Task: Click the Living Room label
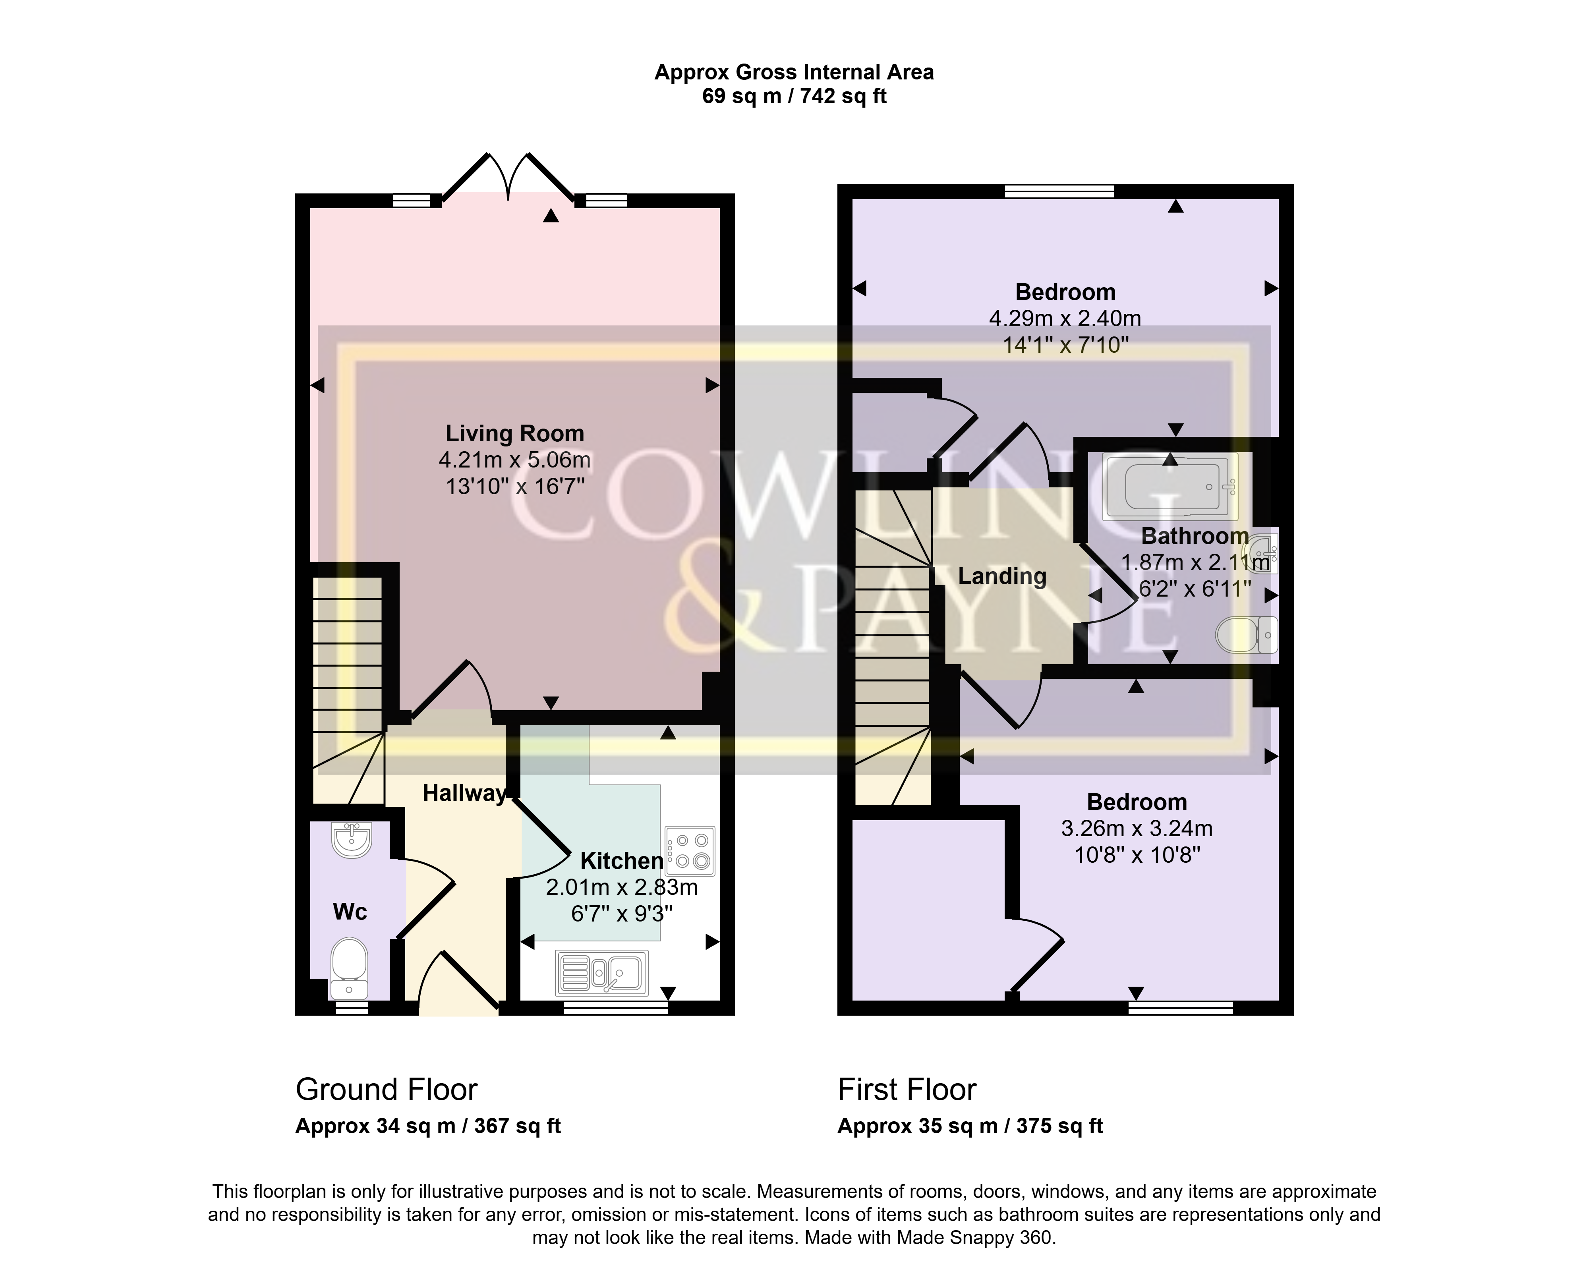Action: tap(514, 433)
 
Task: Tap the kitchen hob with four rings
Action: tap(690, 851)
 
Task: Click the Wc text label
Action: tap(350, 912)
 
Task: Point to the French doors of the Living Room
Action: tap(508, 177)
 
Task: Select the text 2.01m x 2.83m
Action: tap(622, 887)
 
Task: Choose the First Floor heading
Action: tap(907, 1090)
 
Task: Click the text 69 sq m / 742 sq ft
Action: tap(794, 97)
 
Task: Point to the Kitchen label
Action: tap(622, 860)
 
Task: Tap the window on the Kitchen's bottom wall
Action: tap(615, 1008)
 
